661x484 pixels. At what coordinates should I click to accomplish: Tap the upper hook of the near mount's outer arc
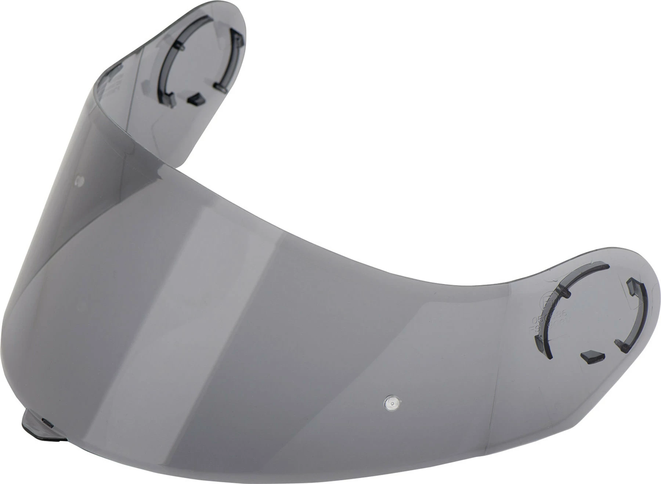(631, 284)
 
